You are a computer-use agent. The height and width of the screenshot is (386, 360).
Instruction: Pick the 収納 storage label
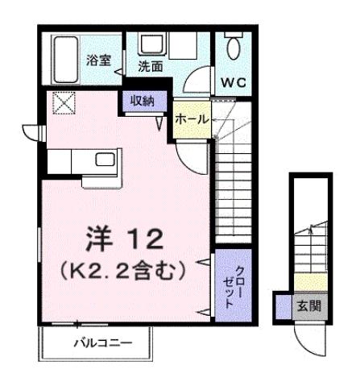[145, 100]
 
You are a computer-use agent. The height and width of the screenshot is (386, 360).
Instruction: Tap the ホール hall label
[192, 118]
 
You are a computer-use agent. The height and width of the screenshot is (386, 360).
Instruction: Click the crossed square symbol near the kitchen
[62, 104]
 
